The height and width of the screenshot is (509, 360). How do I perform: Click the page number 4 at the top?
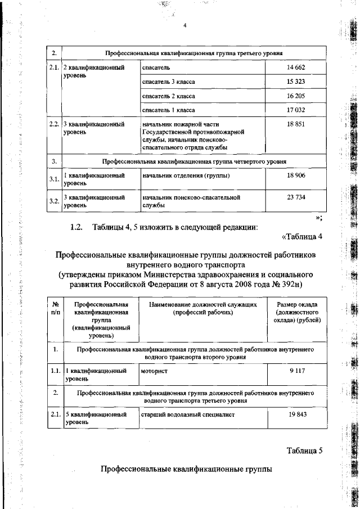click(184, 25)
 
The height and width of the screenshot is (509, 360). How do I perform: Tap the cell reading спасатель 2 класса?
click(169, 96)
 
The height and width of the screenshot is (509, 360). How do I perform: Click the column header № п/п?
click(55, 308)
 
